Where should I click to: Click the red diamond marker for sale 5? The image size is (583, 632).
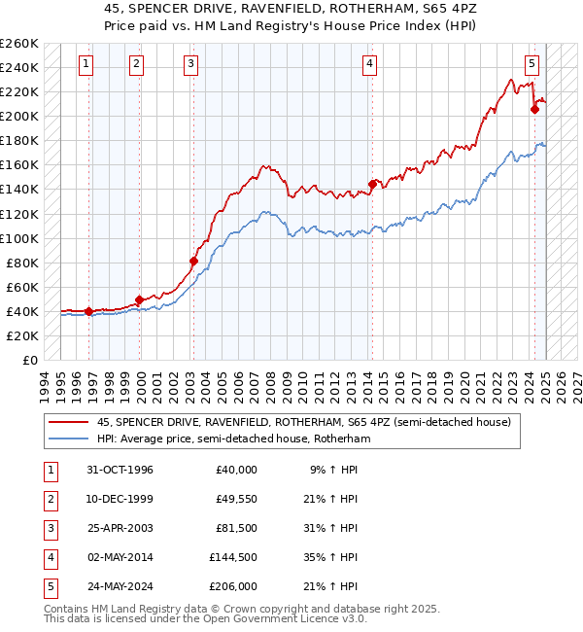[534, 110]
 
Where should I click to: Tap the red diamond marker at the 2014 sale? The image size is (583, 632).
[372, 184]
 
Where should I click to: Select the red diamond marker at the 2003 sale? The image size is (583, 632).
[193, 261]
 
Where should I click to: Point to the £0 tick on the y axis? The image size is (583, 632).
[29, 360]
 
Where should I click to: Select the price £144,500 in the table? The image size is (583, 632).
[233, 557]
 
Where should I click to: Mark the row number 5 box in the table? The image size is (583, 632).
[50, 586]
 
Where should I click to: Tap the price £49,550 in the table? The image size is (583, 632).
[236, 499]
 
